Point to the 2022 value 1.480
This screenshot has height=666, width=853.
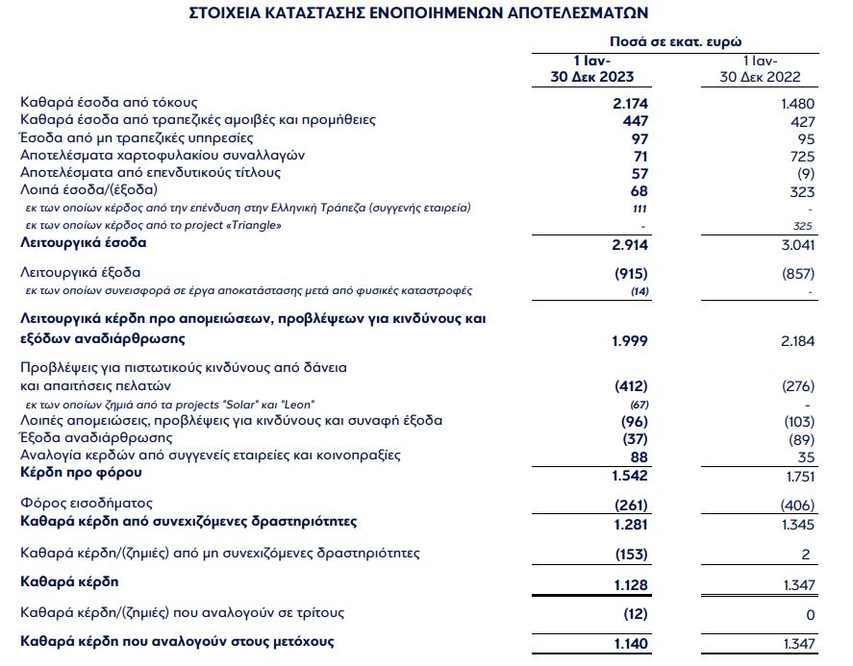(797, 103)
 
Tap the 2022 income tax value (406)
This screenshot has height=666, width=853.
(796, 506)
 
